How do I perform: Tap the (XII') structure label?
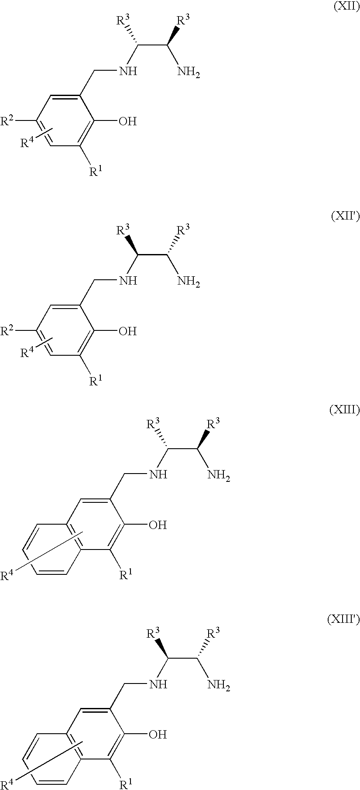[346, 217]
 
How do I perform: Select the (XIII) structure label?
[345, 410]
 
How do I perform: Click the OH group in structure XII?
[127, 121]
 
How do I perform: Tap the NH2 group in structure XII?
[189, 72]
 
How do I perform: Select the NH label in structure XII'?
[128, 281]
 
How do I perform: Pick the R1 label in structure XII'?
[96, 381]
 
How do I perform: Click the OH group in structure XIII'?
[158, 735]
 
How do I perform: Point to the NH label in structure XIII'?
[158, 684]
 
